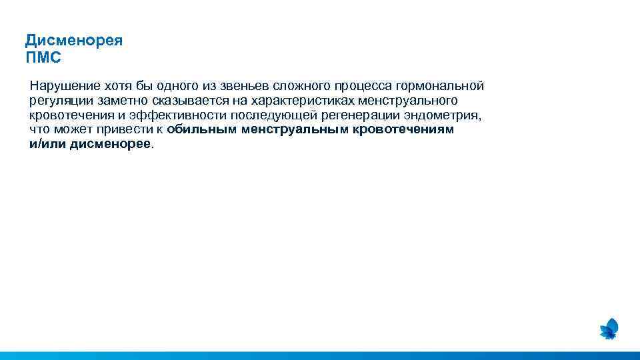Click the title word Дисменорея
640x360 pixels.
74,41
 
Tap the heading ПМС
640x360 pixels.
43,58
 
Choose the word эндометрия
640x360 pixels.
446,115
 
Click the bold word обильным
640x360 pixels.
203,130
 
